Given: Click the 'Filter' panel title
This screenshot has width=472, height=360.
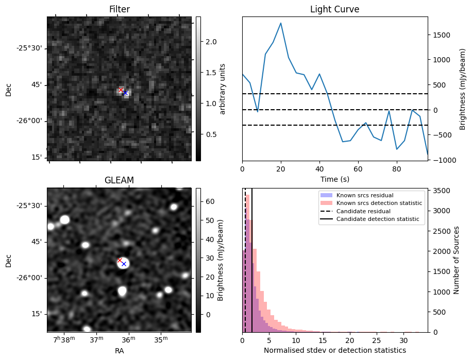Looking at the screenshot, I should click(119, 9).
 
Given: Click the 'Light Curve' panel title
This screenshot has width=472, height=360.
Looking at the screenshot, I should click(334, 9).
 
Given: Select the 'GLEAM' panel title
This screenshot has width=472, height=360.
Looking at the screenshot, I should click(119, 180).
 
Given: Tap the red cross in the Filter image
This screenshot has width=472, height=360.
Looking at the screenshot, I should click(121, 90).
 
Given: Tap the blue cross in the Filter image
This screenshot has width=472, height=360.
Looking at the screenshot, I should click(125, 93).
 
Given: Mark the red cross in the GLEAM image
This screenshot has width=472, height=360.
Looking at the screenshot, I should click(120, 260).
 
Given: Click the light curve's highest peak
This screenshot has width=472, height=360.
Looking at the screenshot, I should click(281, 23).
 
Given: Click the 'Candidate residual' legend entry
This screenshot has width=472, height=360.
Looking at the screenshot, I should click(363, 212).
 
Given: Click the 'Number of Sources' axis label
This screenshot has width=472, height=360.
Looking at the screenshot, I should click(456, 260).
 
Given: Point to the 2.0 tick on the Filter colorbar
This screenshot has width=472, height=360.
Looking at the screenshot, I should click(205, 41).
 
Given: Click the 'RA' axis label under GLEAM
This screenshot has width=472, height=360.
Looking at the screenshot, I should click(119, 351).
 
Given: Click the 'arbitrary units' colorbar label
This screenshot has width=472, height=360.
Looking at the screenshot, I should click(223, 89).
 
